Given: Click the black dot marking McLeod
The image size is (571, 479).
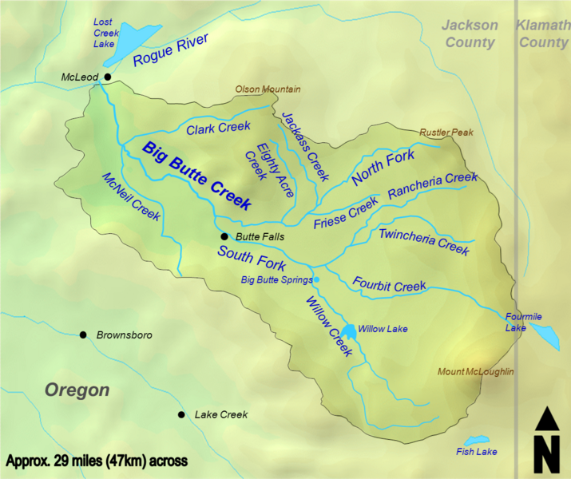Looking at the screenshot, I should click(105, 77).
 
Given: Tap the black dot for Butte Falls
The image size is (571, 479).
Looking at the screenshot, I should click(224, 237).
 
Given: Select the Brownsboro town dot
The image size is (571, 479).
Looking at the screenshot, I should click(83, 335).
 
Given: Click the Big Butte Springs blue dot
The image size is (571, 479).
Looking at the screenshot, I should click(316, 279).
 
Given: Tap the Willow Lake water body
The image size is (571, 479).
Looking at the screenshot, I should click(348, 331).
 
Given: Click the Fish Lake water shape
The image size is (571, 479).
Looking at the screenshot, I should click(477, 441).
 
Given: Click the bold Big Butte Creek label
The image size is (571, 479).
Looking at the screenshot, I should click(196, 176).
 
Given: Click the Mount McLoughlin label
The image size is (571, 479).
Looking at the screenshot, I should click(475, 372).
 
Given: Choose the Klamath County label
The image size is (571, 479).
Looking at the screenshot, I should click(543, 34).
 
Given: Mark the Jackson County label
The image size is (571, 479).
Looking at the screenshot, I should click(470, 34).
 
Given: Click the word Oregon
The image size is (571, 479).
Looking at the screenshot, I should click(77, 390).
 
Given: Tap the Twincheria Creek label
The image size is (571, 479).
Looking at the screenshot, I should click(423, 241).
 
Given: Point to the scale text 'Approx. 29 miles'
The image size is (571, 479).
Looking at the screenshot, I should click(97, 461).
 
